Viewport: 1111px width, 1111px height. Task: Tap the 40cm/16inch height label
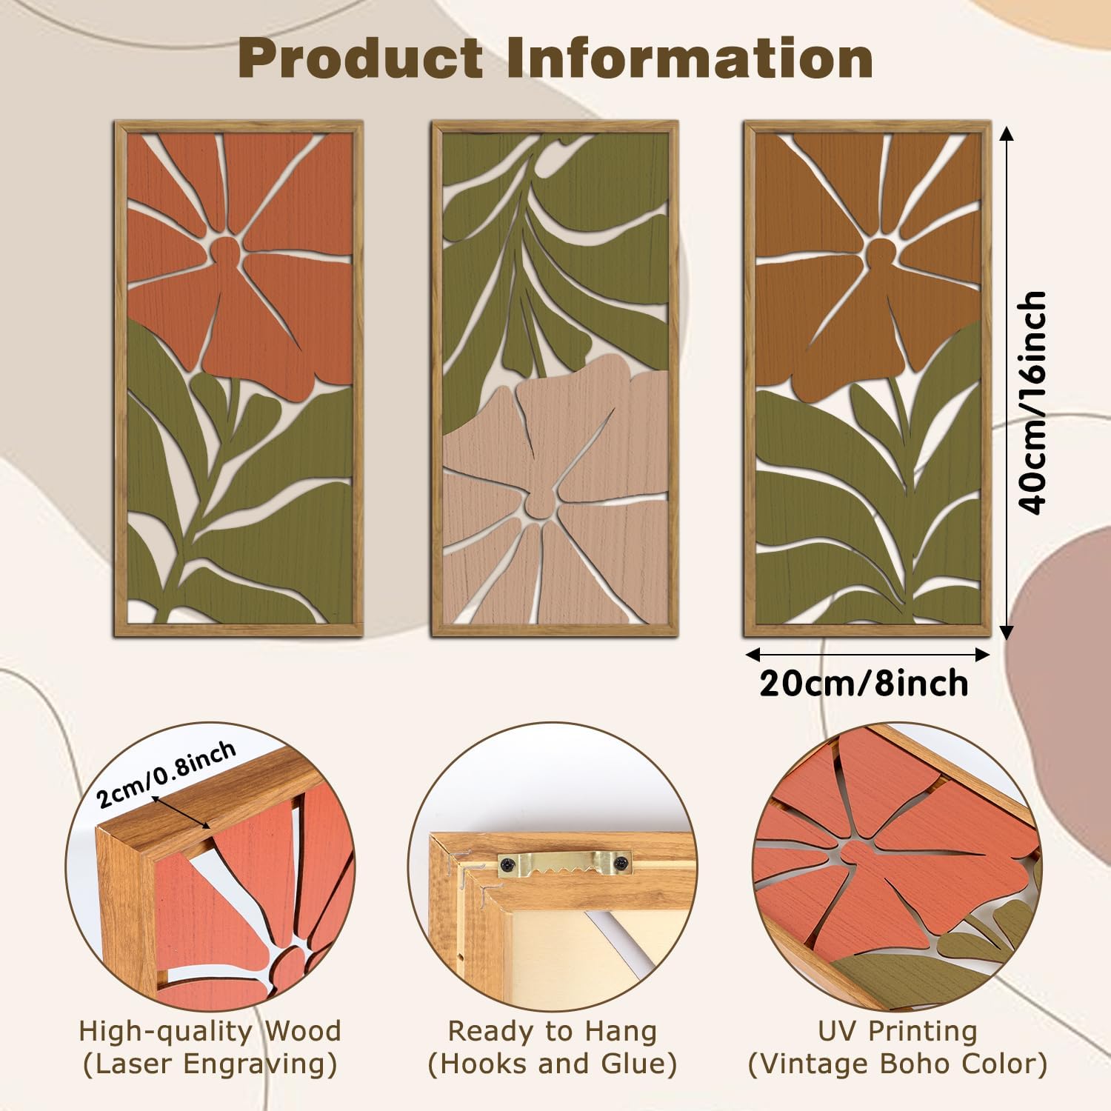(1033, 402)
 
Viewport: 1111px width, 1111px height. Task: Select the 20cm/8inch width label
(864, 682)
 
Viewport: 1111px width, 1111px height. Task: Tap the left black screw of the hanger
(508, 863)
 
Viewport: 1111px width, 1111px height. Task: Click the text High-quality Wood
(210, 1031)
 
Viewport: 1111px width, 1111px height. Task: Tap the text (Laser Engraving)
(210, 1064)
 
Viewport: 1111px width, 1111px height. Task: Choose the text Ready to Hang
(553, 1031)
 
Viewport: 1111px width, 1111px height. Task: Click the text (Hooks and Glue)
(553, 1064)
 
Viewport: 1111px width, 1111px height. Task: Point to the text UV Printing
(898, 1031)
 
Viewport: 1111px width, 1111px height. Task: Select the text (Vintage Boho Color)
(898, 1064)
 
